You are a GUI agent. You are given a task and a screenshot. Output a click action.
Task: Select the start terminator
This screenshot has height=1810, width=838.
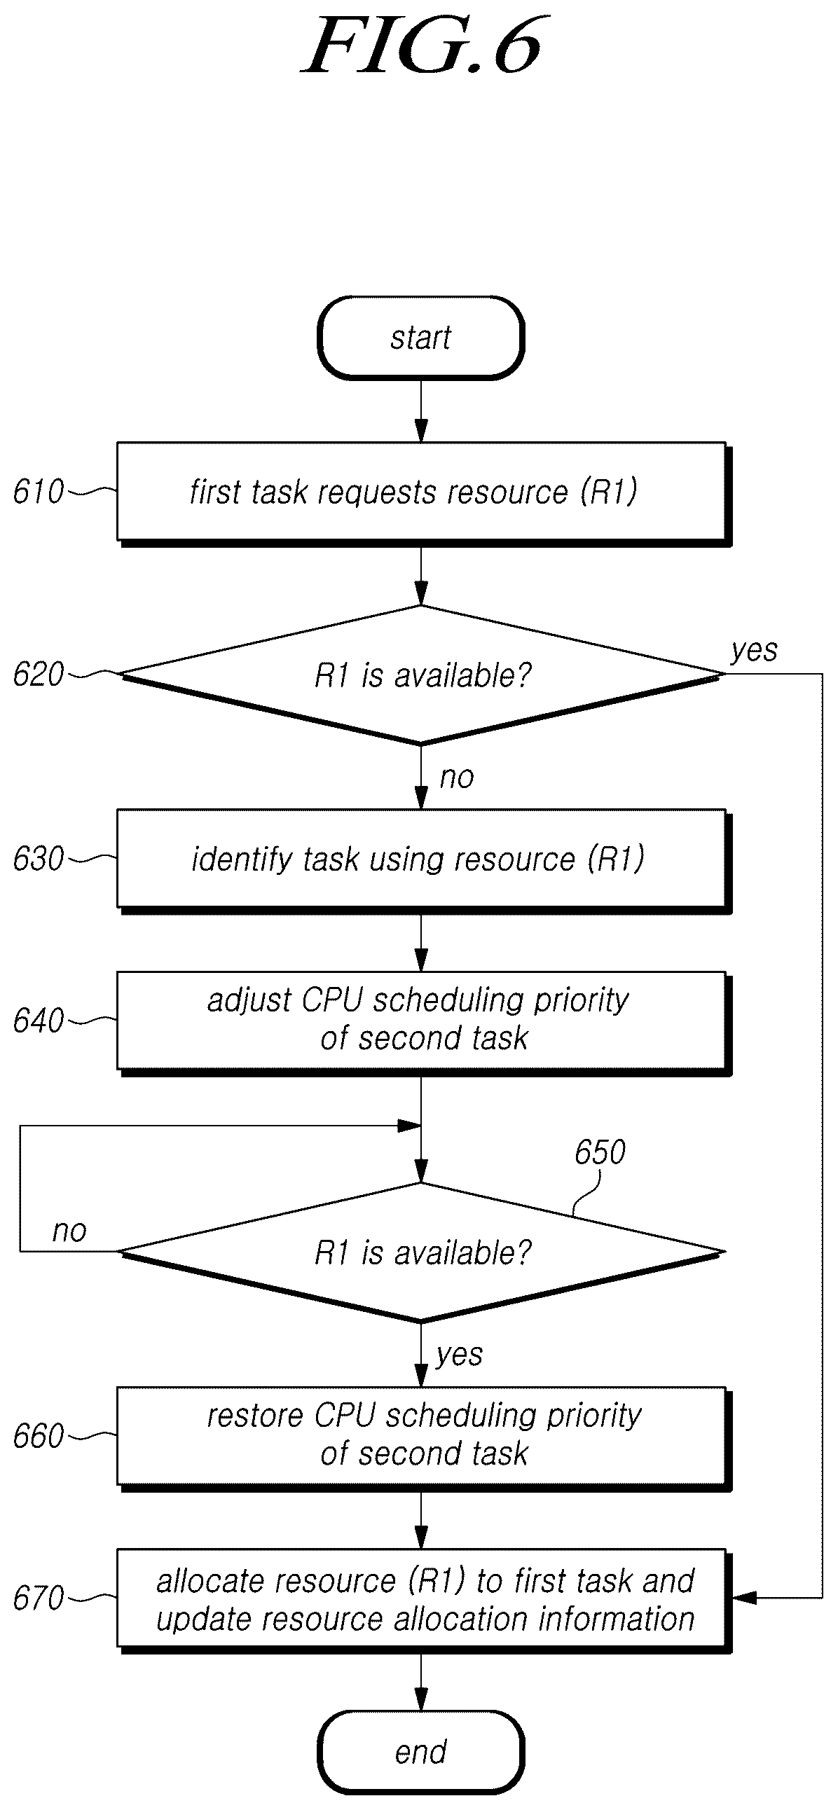[421, 338]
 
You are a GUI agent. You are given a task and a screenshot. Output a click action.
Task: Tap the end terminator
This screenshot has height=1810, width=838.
[421, 1752]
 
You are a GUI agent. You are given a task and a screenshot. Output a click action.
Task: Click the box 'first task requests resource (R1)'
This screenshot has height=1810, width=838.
[424, 494]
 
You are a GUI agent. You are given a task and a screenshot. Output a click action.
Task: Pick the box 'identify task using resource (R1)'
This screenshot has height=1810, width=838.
[424, 862]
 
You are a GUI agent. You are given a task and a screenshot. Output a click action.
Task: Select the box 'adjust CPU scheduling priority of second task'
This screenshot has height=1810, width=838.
[424, 1023]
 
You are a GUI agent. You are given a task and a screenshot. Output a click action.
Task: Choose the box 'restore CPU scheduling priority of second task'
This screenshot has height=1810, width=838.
[424, 1438]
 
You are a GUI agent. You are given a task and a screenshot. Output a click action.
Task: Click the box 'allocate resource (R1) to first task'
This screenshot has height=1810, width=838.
[424, 1601]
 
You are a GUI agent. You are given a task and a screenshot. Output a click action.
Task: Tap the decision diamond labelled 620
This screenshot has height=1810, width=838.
[421, 675]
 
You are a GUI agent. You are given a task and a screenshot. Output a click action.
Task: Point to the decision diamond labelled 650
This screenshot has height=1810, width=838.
[421, 1252]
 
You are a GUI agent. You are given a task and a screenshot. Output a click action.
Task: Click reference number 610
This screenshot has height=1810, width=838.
[39, 492]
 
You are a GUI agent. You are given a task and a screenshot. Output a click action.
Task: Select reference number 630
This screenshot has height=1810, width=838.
[39, 859]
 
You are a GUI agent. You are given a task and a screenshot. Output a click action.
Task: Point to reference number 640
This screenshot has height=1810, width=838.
[39, 1021]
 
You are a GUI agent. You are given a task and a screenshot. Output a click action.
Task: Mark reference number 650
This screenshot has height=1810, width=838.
[600, 1152]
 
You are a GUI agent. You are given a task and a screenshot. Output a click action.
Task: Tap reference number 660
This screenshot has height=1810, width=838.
[39, 1436]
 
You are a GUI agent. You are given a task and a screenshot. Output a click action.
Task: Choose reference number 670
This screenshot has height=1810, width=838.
[39, 1598]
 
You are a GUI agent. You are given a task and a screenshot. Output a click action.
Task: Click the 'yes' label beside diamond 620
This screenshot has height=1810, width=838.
[755, 651]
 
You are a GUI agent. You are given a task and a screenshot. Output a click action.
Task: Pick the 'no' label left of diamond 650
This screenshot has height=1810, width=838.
[69, 1231]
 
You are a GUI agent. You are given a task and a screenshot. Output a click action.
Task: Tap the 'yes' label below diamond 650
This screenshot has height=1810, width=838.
[460, 1355]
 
